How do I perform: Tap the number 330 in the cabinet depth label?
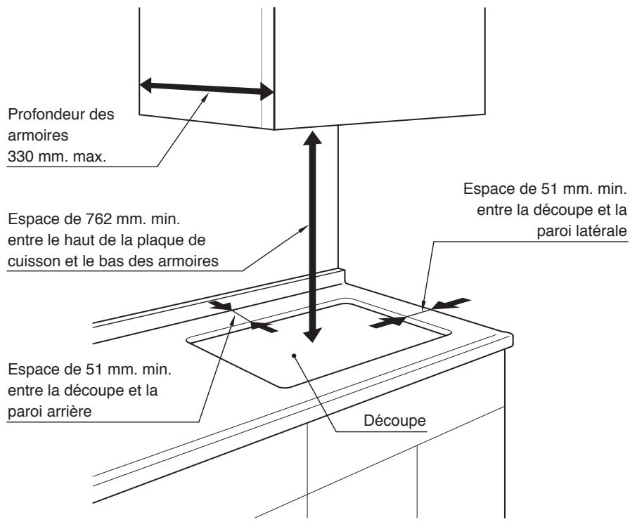point(18,159)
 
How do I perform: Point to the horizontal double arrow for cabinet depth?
point(206,88)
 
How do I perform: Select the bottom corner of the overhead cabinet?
point(273,129)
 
